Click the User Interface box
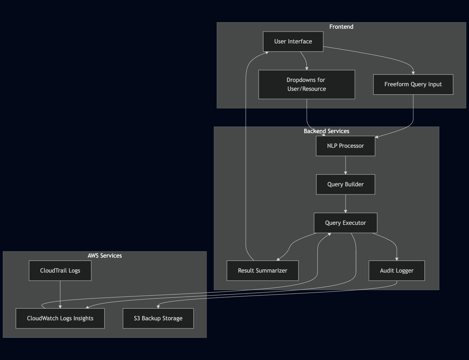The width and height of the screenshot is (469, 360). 293,41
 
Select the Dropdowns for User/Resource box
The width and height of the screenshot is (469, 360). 307,84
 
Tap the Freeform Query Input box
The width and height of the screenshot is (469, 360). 413,84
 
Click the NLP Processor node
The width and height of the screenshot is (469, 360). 346,146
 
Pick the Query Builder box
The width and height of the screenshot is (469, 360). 346,184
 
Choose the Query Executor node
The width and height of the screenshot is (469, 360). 346,223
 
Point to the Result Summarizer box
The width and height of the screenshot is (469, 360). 263,271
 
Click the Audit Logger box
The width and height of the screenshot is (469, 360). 397,271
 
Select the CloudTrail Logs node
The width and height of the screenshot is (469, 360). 60,271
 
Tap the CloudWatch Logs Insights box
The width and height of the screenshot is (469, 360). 60,318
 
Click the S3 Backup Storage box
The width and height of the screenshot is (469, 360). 158,318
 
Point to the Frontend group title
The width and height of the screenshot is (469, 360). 341,27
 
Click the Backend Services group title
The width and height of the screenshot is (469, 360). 326,131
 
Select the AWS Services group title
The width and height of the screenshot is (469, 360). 105,256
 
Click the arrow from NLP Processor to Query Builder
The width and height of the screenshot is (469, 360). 346,165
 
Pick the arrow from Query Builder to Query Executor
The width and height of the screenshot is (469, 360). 346,204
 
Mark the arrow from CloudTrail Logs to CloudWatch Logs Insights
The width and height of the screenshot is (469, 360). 60,295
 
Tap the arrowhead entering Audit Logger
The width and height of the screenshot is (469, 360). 397,259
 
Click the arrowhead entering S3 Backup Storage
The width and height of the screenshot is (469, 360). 158,307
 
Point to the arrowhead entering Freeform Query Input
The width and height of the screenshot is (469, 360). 413,73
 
